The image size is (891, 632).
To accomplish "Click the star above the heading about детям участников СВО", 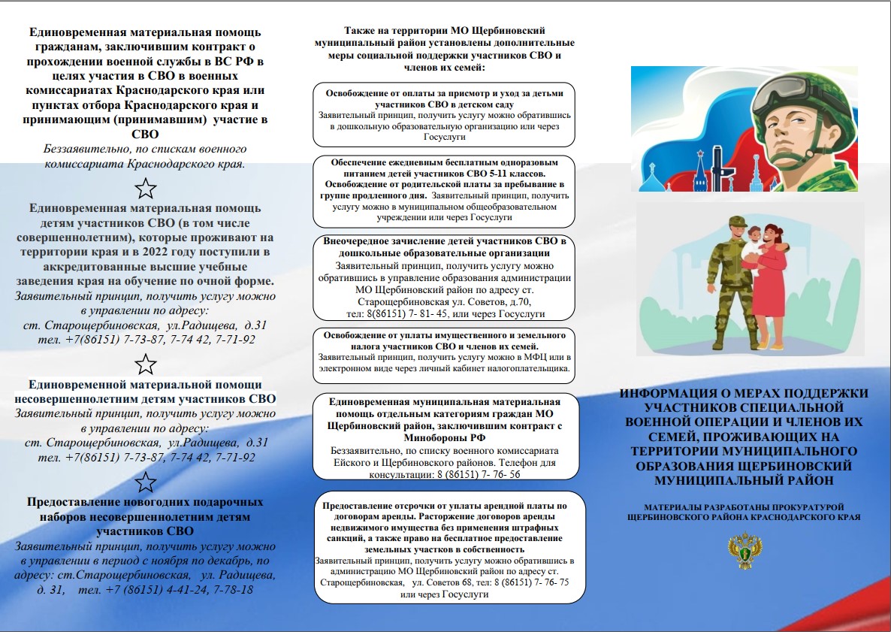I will coord(146,188).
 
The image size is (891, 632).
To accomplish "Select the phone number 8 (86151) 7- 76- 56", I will coord(485,475).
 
